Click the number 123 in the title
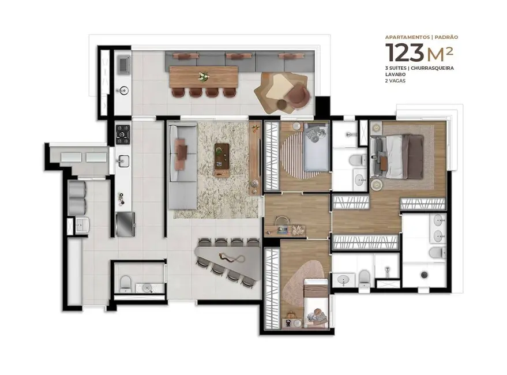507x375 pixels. tap(405, 52)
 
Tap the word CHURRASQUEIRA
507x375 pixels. tap(433, 68)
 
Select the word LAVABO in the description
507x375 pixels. tap(396, 74)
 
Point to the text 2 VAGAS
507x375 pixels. tap(396, 81)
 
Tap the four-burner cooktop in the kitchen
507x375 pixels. tap(123, 134)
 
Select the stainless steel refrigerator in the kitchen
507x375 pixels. tap(125, 224)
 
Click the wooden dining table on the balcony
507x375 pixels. tap(203, 76)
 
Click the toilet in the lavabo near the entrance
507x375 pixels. tap(125, 283)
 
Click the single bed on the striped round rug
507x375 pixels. tap(315, 149)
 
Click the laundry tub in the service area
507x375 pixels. tap(81, 225)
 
